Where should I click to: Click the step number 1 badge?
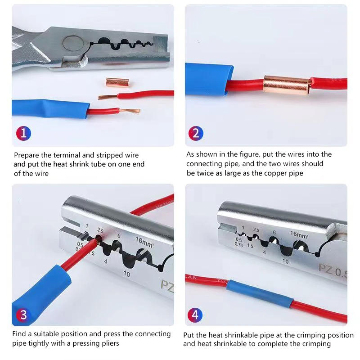24,133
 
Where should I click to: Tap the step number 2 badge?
195,133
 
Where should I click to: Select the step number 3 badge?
24,315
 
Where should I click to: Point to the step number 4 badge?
195,315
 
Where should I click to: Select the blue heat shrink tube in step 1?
49,108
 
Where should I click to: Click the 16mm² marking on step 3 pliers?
144,241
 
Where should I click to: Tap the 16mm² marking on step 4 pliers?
299,234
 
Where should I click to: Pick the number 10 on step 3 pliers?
126,274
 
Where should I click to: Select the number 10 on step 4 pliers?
285,261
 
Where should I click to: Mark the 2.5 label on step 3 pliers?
100,231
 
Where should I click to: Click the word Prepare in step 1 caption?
26,155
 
